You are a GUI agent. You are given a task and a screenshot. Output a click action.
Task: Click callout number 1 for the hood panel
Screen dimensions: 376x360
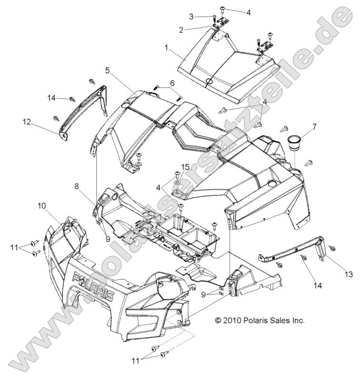tap(166, 48)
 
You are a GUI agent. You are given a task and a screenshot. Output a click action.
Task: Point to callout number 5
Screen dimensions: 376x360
tap(108, 70)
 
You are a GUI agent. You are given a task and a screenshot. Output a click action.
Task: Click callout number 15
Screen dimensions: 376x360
tap(185, 167)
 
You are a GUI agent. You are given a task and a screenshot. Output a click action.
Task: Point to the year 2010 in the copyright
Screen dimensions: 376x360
tap(233, 320)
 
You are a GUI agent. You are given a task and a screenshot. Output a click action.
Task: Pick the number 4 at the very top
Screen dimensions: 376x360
tap(249, 12)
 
